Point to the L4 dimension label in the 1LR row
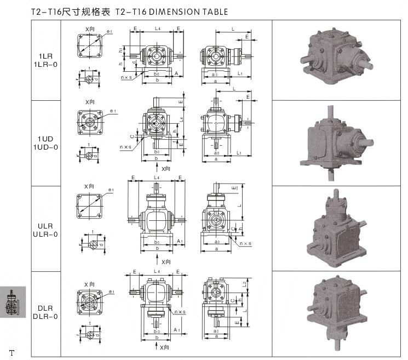point(157,27)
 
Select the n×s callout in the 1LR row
point(126,78)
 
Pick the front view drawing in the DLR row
point(157,304)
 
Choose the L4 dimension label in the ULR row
point(157,178)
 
